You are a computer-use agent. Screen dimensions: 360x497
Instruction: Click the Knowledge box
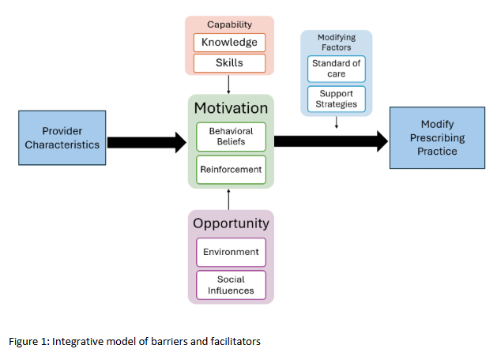coord(230,43)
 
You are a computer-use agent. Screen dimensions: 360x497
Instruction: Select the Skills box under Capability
coord(230,62)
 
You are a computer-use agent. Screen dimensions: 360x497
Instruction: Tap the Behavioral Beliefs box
coord(231,137)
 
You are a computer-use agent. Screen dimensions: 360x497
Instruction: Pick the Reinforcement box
coord(231,168)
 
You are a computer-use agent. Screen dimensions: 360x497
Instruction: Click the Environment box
coord(231,252)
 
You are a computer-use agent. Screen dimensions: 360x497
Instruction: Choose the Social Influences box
coord(231,284)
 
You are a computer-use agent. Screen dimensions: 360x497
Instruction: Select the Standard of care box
coord(337,69)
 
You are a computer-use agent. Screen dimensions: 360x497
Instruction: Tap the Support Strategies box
coord(337,99)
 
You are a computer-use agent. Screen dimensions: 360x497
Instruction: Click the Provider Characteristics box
coord(62,138)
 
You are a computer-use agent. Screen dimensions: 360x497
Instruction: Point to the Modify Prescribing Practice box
coord(437,138)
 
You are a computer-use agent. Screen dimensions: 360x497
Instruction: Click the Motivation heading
coord(231,108)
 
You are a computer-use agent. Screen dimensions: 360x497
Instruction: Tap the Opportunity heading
coord(231,223)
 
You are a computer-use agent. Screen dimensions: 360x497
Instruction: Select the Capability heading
coord(230,25)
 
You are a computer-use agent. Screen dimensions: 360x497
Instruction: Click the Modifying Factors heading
coord(337,43)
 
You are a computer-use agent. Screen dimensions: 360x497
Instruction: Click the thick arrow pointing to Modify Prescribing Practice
coord(331,141)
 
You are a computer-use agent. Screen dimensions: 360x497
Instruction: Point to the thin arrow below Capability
coord(228,84)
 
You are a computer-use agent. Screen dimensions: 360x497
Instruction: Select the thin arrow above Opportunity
coord(228,198)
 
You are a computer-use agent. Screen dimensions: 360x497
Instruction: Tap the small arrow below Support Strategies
coord(337,122)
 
